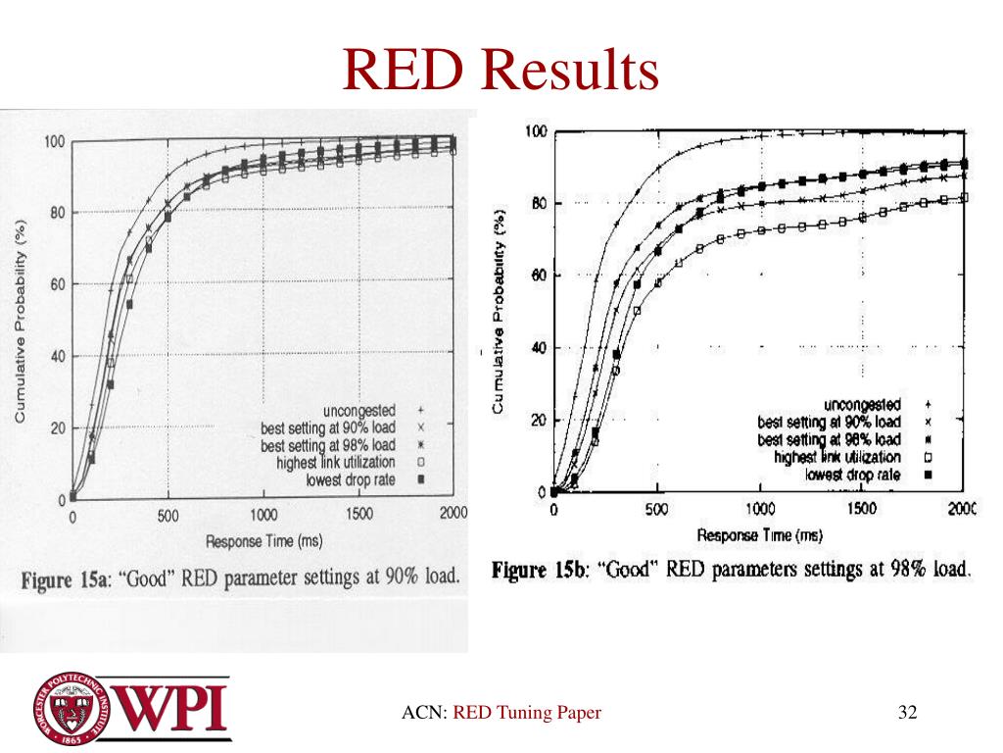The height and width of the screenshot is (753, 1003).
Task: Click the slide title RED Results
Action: click(501, 70)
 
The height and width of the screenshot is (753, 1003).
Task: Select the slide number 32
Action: click(907, 712)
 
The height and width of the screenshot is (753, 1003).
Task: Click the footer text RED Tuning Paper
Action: click(527, 713)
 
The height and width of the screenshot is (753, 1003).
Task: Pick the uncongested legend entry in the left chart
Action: click(359, 411)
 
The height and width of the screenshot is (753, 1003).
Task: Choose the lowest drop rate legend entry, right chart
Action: click(853, 475)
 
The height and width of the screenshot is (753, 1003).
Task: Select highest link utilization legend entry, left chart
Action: click(336, 463)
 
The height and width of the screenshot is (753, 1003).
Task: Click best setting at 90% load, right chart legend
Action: click(829, 422)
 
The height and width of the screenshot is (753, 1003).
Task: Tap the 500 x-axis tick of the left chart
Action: click(167, 516)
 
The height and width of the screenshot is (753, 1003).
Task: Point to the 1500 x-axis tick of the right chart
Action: click(862, 509)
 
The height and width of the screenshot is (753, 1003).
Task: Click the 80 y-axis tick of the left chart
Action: click(58, 213)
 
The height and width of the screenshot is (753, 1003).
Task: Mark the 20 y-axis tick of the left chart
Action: click(58, 427)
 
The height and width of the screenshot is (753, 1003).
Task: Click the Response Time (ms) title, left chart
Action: click(263, 541)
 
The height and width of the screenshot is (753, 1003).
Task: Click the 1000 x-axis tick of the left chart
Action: click(263, 516)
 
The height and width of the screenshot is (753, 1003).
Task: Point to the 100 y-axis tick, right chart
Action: click(536, 132)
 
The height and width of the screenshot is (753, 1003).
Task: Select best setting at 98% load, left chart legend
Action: click(328, 445)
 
